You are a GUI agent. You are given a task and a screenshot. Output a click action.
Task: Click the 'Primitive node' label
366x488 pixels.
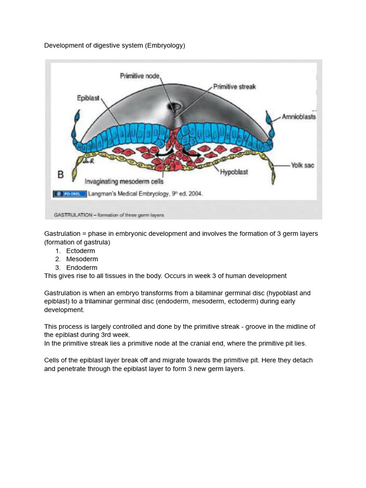tap(140, 76)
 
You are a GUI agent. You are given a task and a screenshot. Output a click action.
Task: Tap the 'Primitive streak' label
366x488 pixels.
tap(234, 86)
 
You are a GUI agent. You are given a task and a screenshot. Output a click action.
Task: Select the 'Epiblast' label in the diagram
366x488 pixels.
tap(88, 98)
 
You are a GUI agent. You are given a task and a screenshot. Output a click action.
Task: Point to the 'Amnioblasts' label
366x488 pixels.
tap(299, 116)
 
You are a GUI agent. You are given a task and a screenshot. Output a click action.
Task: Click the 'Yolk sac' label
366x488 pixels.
tap(303, 165)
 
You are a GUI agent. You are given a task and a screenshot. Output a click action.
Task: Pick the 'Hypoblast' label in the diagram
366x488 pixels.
tap(234, 172)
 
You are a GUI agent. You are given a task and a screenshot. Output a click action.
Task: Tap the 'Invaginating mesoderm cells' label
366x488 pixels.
tap(123, 182)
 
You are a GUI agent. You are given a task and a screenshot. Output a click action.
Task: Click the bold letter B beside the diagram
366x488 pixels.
tap(61, 175)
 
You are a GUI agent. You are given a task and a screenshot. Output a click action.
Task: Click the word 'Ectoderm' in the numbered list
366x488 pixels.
tap(81, 251)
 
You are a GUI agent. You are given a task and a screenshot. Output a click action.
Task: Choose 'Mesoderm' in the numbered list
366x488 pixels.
tap(82, 259)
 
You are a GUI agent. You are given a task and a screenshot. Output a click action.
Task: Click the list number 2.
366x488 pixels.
tap(57, 259)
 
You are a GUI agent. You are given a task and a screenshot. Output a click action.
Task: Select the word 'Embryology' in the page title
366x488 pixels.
tap(164, 46)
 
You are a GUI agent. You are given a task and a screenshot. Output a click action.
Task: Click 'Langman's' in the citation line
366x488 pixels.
tap(102, 194)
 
